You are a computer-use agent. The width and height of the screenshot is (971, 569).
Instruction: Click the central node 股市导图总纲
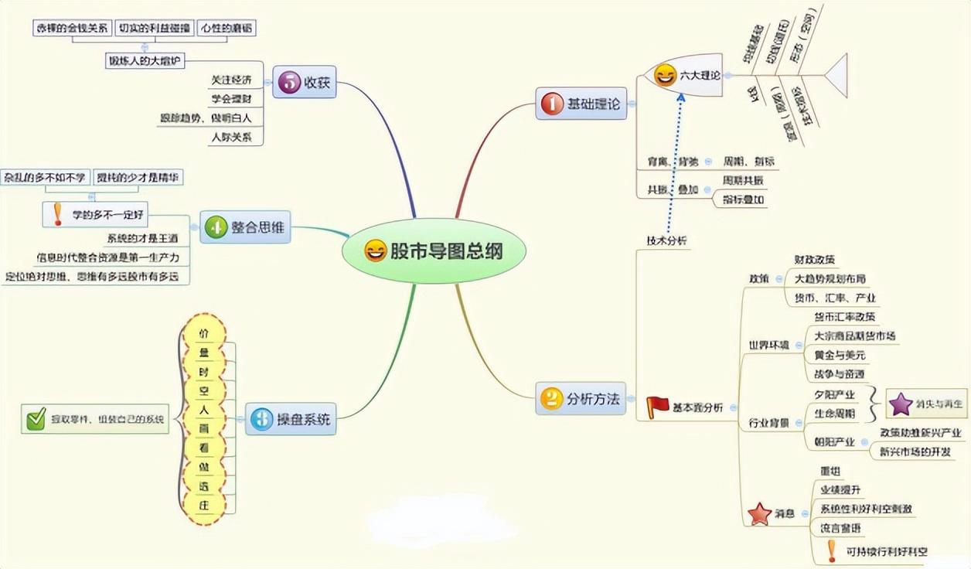[434, 251]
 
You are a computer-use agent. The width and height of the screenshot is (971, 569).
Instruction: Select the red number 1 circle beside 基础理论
[552, 104]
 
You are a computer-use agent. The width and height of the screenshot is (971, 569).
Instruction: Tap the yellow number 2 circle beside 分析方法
[551, 399]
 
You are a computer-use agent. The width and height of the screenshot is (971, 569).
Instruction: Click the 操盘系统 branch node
[295, 420]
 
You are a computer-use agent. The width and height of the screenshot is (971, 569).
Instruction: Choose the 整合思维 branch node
[247, 228]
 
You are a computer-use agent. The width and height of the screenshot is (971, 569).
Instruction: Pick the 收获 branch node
[305, 82]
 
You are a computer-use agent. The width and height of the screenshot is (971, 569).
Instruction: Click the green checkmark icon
[36, 419]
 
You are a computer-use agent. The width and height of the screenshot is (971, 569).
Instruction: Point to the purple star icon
[901, 404]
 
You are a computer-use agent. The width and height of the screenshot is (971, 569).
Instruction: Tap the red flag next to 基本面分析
[658, 406]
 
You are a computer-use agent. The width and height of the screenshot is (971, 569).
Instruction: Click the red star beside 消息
[759, 513]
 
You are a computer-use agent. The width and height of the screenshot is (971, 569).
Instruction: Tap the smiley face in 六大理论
[665, 75]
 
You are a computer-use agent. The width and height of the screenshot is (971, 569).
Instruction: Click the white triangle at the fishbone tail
[837, 75]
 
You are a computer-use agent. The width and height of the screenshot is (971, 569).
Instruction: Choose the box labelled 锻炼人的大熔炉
[145, 60]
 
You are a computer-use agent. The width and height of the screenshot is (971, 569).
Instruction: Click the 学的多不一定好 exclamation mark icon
[58, 214]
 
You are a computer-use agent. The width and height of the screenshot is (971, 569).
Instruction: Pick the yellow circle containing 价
[204, 334]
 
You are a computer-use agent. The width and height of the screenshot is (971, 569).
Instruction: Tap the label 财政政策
[815, 260]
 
